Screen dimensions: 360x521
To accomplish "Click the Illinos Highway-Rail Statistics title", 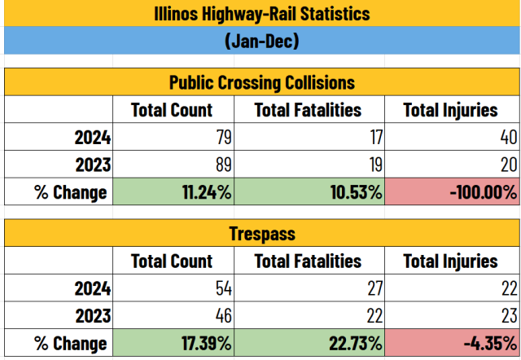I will [x=260, y=14].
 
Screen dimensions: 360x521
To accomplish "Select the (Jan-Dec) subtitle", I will [x=260, y=40].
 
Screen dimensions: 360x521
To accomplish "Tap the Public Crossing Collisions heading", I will [x=260, y=82].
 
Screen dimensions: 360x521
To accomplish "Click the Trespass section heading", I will [x=260, y=234].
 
